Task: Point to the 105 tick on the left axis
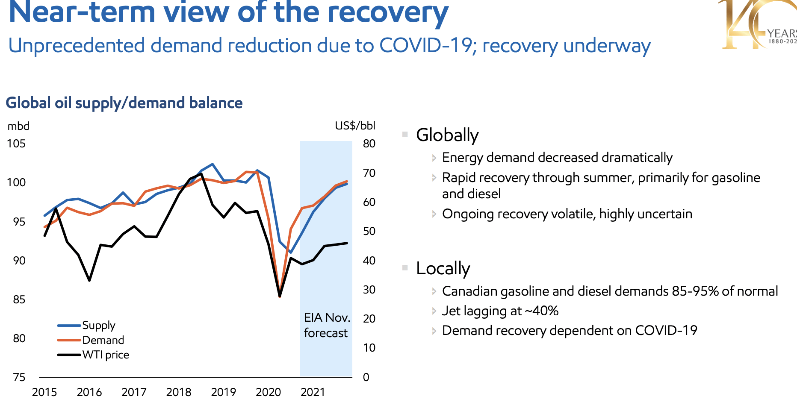click(x=16, y=144)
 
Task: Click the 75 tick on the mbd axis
click(x=19, y=377)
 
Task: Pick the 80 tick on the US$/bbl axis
click(x=369, y=144)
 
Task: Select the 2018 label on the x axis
click(x=179, y=392)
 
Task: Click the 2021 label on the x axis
click(x=313, y=392)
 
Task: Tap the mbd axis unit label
click(x=18, y=126)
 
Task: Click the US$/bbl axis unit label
click(x=355, y=126)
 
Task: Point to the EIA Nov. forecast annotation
click(x=327, y=325)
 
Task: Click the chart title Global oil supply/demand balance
click(x=124, y=103)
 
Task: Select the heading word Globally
click(x=447, y=135)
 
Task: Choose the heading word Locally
click(x=443, y=268)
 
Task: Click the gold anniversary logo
click(x=757, y=24)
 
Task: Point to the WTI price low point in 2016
click(x=89, y=280)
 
